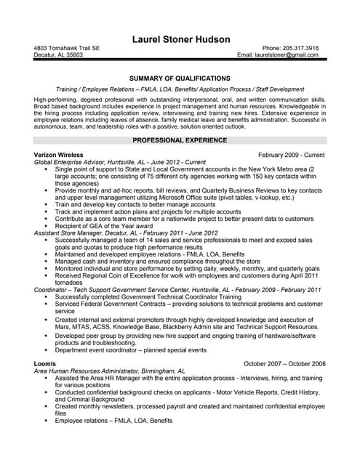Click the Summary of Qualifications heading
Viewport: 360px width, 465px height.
point(180,78)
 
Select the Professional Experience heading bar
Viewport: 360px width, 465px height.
point(180,139)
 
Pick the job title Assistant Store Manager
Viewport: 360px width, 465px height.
point(70,232)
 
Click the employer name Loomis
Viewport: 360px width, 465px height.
point(44,363)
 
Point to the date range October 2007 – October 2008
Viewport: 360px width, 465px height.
point(284,363)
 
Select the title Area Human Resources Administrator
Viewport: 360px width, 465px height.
point(90,370)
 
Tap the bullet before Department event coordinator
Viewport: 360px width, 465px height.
point(47,348)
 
